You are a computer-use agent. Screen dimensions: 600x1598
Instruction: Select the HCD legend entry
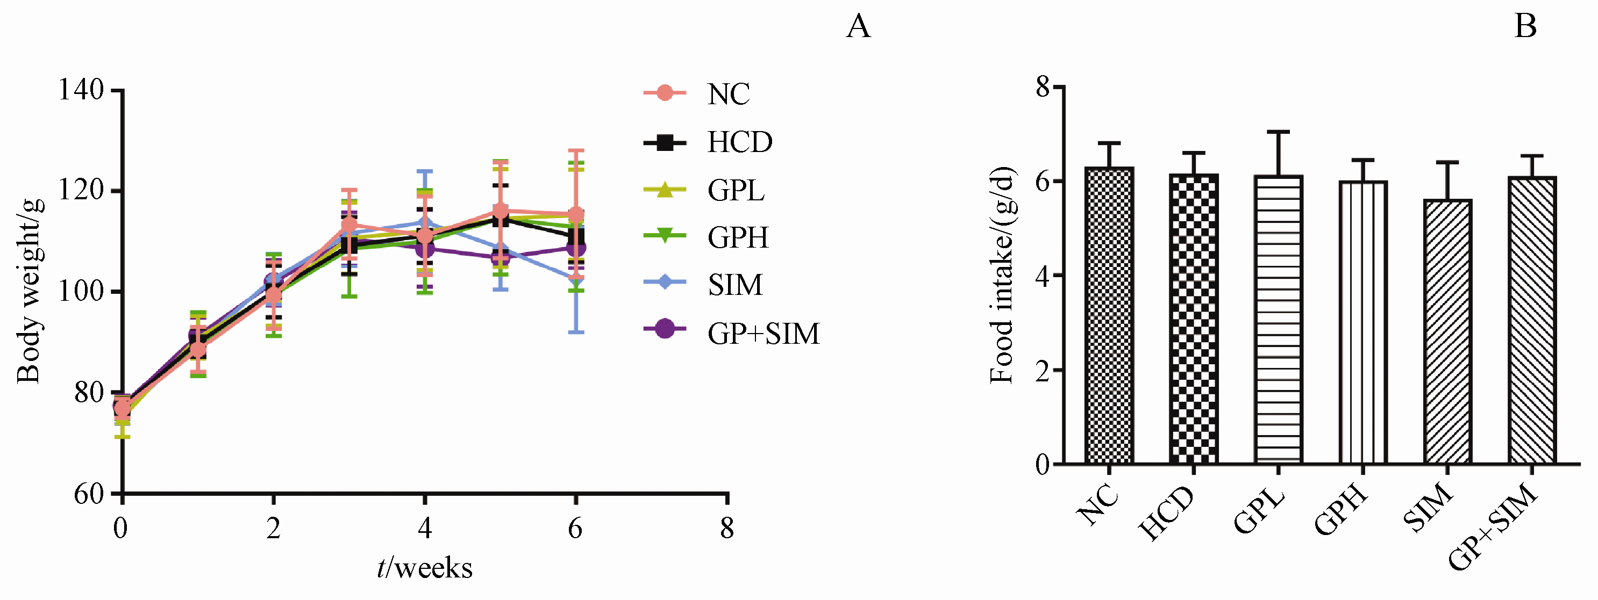pos(739,142)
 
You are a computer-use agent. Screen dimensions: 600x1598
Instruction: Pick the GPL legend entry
pos(735,190)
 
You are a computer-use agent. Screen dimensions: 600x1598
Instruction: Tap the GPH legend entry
pos(738,237)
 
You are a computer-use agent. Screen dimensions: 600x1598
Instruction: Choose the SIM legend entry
pos(734,285)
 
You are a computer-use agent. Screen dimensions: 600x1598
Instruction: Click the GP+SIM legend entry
pos(762,334)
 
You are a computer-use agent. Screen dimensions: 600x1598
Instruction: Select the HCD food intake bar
pos(1194,319)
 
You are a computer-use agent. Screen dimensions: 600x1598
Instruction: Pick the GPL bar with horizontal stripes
pos(1278,319)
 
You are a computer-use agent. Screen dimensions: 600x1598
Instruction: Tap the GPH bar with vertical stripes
pos(1363,322)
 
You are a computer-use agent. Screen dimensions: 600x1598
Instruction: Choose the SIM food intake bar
pos(1447,331)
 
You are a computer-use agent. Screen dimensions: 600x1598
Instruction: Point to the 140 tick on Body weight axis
pos(81,90)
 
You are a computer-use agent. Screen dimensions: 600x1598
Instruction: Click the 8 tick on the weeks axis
pos(727,529)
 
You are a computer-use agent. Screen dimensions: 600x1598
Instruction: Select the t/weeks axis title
pos(425,568)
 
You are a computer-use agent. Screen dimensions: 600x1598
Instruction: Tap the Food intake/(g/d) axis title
pos(1001,275)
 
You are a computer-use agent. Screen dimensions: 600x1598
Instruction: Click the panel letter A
pos(859,26)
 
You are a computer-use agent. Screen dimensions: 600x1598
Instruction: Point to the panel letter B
pos(1525,26)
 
